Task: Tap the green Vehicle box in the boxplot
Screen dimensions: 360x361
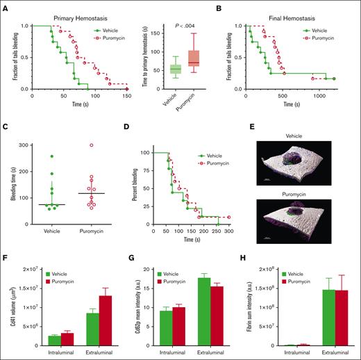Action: (x=175, y=69)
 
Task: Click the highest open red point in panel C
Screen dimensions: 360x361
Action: (x=90, y=145)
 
